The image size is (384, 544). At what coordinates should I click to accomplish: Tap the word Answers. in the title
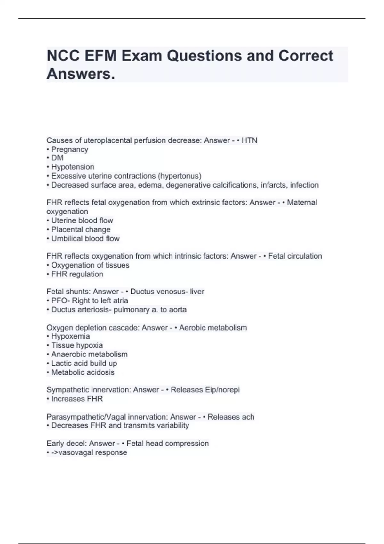[x=81, y=74]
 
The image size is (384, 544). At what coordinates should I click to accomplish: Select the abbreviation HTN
[x=249, y=140]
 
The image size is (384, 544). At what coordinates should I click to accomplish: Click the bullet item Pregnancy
[x=69, y=149]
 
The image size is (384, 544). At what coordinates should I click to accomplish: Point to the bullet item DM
[x=57, y=158]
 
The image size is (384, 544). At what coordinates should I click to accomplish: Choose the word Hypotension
[x=73, y=167]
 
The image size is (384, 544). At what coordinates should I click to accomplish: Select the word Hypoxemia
[x=70, y=336]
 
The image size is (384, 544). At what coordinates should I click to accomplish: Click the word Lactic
[x=60, y=364]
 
